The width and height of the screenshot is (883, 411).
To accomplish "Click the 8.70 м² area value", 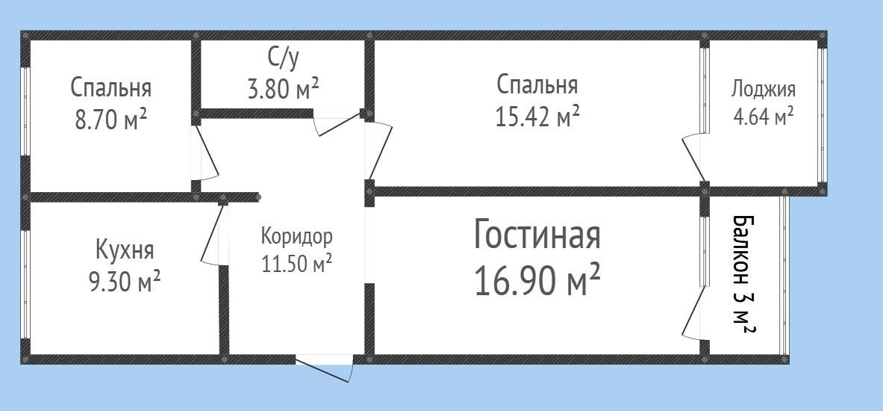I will [110, 120].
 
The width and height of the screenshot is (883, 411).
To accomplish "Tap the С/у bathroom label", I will [283, 58].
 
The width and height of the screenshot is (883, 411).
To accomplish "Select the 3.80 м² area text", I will [283, 89].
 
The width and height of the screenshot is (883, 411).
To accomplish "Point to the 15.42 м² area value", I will [537, 117].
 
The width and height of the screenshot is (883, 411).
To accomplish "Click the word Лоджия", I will [763, 89].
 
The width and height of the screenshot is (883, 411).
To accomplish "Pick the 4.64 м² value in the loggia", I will [763, 117].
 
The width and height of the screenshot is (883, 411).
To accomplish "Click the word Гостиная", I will [537, 235].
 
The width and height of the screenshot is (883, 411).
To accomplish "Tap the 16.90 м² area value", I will [537, 281].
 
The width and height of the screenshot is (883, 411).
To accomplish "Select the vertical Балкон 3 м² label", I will [743, 274].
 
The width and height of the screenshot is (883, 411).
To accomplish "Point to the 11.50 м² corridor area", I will [296, 264].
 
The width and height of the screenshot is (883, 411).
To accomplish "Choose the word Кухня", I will [125, 248].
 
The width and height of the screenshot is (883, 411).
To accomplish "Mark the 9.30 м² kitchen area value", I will [125, 282].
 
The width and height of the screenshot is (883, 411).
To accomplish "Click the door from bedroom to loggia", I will [693, 157].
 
